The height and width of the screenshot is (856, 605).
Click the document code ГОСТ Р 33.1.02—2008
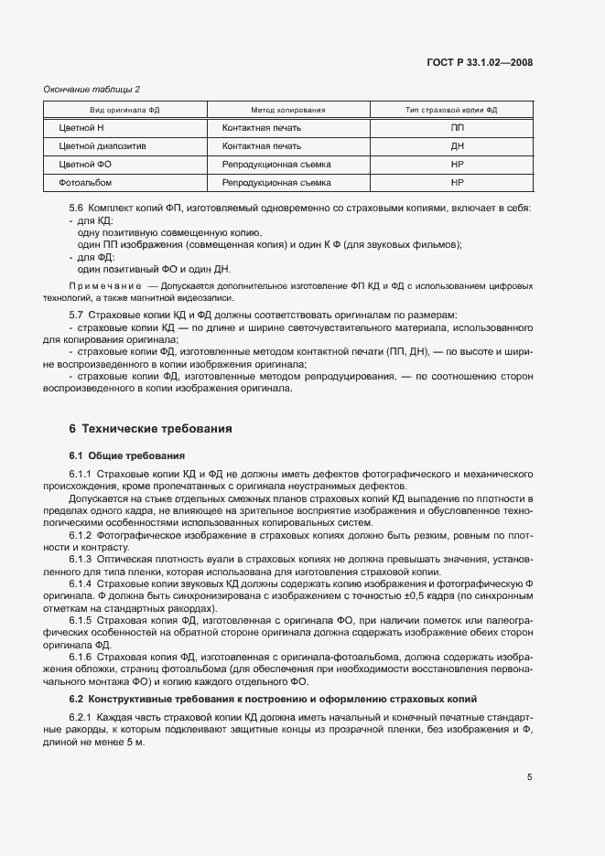tap(480, 62)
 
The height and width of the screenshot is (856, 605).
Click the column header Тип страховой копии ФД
tap(451, 110)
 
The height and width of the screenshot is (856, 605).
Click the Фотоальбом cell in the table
tap(85, 183)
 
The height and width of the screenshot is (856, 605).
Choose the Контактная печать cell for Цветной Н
tap(261, 127)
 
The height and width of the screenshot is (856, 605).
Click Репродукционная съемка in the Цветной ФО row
tap(275, 165)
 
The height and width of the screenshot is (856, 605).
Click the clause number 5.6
tap(76, 209)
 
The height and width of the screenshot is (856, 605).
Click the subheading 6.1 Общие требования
tap(126, 455)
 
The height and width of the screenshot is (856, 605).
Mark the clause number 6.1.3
tap(81, 558)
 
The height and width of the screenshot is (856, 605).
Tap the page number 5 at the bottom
tap(530, 777)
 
